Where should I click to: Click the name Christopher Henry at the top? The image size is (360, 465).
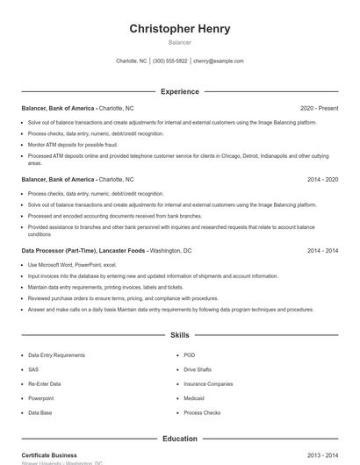coord(180,29)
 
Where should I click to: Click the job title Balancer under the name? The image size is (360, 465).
coord(180,42)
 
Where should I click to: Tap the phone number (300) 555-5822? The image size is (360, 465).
coord(170,61)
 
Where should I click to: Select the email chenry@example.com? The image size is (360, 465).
coord(219,61)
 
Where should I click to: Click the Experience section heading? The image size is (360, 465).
coord(180,91)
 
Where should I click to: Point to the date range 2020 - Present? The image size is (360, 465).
coord(319,108)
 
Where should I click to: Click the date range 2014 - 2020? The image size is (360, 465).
coord(322,179)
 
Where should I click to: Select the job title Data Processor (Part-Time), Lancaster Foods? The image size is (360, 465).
coord(83,250)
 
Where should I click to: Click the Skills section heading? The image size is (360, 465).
coord(180,335)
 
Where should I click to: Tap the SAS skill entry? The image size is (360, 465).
coord(33,369)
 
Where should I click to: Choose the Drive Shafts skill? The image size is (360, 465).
coord(198,369)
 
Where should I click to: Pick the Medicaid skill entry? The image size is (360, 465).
coord(195,397)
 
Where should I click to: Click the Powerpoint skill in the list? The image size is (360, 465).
coord(40,397)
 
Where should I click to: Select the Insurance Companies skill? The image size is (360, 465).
coord(208,383)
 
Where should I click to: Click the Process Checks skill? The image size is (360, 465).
coord(202,412)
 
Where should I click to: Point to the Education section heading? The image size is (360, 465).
coord(180,439)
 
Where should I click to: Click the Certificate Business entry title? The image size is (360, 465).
coord(49,455)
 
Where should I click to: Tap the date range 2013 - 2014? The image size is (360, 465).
coord(322,455)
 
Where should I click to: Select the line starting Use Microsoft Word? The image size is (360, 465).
coord(72,264)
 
